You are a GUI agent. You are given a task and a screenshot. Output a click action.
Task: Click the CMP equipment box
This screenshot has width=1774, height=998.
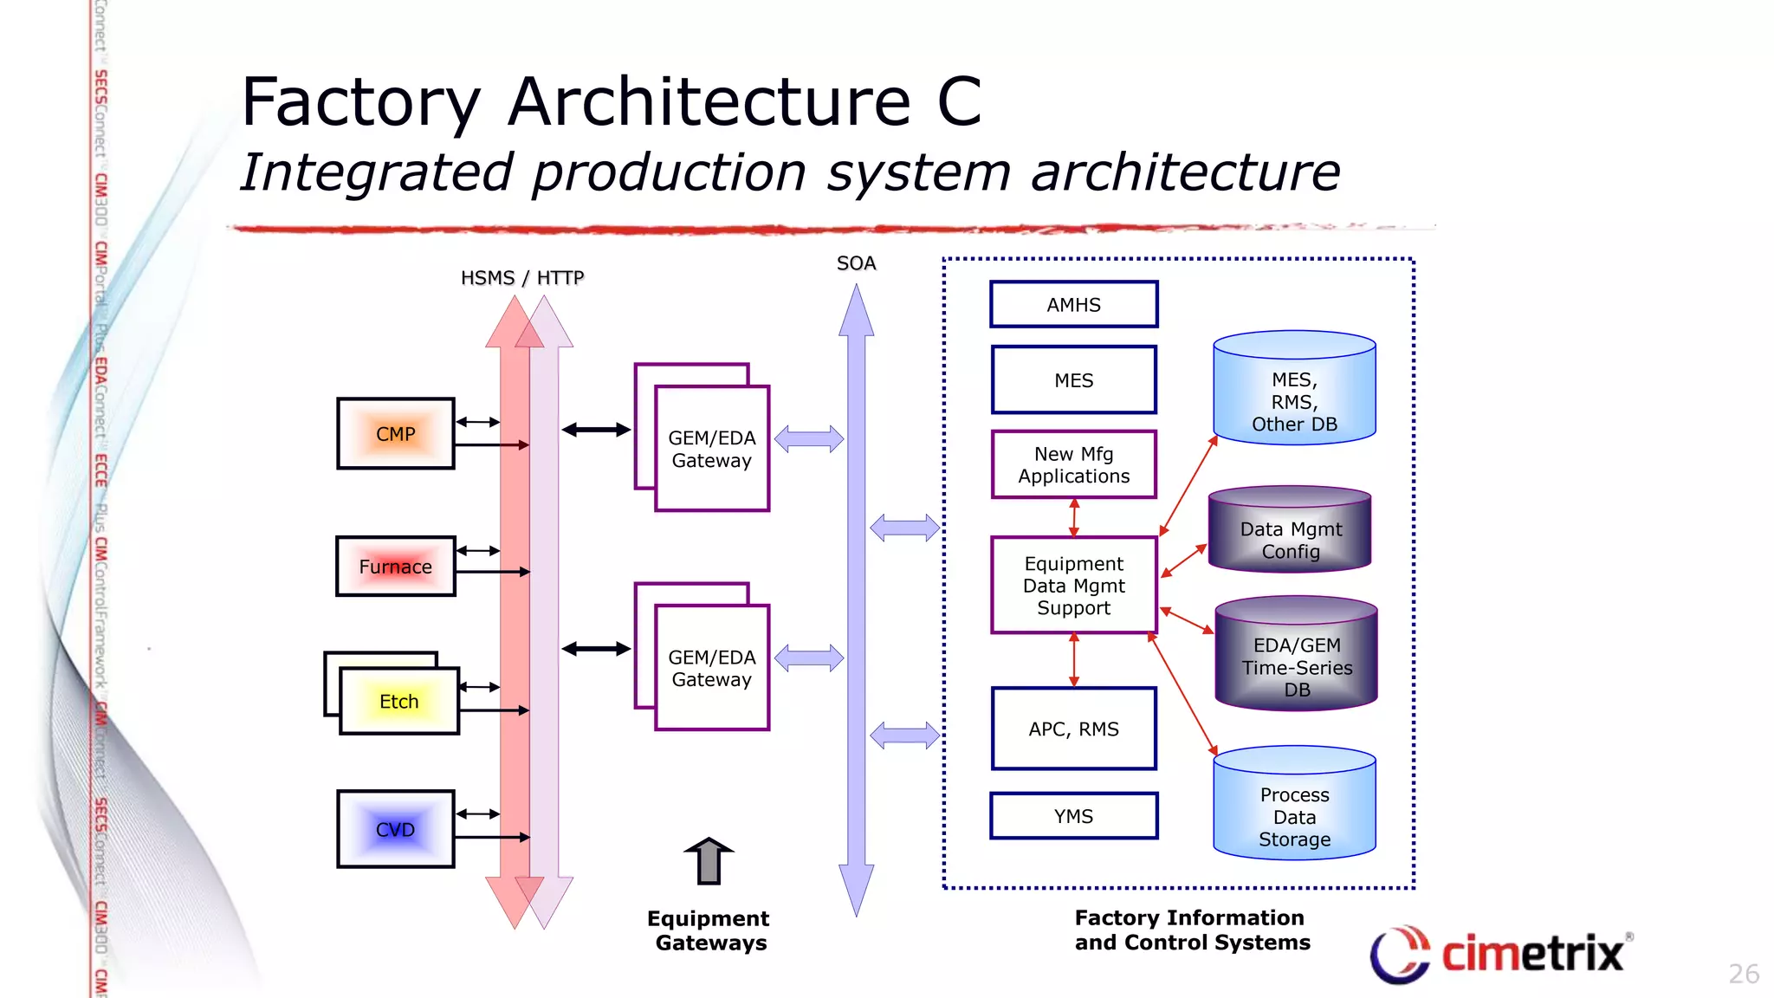click(x=396, y=434)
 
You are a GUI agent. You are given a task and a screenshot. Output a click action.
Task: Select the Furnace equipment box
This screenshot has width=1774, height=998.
click(x=396, y=567)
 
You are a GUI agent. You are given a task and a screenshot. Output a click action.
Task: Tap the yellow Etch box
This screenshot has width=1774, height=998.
click(x=399, y=702)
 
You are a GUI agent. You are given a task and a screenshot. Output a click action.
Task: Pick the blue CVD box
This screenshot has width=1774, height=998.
click(x=396, y=829)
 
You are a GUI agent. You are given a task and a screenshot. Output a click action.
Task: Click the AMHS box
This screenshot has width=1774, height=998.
click(x=1073, y=305)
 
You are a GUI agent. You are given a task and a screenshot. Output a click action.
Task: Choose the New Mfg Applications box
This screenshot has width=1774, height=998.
click(x=1073, y=465)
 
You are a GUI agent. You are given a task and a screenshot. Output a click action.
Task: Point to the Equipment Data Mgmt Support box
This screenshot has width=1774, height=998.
click(x=1073, y=586)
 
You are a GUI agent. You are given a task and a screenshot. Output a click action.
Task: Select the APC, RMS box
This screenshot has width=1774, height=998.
click(x=1073, y=729)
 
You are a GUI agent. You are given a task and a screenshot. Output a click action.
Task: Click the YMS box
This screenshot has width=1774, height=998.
click(x=1073, y=816)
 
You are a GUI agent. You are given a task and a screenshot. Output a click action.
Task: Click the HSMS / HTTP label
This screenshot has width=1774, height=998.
click(x=522, y=278)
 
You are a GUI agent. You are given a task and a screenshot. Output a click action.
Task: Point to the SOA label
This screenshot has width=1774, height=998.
click(x=856, y=263)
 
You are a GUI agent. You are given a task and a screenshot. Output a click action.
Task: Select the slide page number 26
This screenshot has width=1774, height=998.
click(x=1743, y=974)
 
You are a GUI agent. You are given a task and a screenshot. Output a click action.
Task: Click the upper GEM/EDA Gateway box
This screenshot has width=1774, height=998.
click(x=711, y=448)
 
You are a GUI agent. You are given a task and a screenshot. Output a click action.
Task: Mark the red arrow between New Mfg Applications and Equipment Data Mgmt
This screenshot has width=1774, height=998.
click(x=1074, y=517)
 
